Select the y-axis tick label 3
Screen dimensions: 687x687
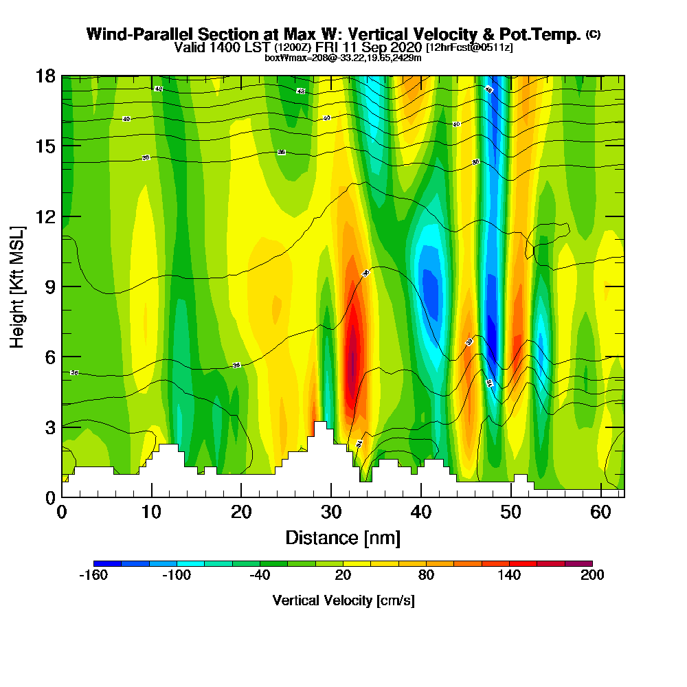point(49,427)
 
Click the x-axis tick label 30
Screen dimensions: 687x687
point(331,513)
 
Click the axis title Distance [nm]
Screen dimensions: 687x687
point(343,537)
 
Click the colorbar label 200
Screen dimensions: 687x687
point(592,576)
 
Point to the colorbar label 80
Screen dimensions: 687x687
point(426,576)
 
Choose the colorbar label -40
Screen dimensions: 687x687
point(260,576)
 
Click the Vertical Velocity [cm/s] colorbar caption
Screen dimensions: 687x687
point(343,600)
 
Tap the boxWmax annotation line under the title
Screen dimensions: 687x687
point(343,58)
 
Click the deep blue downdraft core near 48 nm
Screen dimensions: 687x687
point(492,333)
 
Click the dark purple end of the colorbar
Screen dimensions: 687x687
point(585,563)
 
